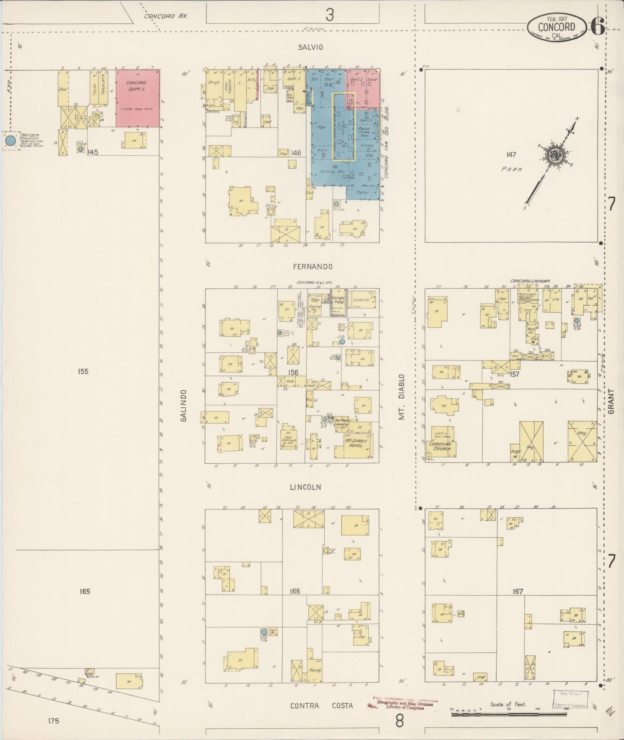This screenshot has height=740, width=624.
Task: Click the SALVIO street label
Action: point(310,47)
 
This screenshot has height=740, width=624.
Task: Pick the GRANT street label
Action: point(611,402)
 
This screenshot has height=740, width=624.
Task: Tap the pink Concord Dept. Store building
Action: point(137,98)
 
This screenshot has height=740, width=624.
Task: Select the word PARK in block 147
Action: point(512,169)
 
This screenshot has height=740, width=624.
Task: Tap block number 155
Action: point(83,371)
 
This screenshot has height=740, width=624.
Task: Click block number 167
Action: point(518,591)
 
